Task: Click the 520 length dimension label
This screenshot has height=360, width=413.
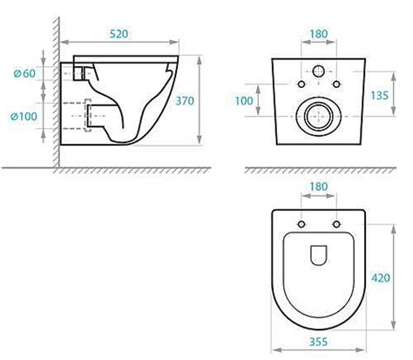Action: (118, 34)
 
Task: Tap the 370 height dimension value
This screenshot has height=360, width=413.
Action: (185, 101)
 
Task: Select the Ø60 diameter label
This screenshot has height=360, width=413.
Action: (24, 73)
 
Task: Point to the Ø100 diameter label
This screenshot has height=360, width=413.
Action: (24, 117)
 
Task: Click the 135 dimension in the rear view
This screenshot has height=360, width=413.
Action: (379, 95)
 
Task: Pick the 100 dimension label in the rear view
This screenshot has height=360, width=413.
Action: (244, 101)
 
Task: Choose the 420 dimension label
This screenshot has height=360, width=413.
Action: (381, 278)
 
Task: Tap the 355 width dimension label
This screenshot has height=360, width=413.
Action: (318, 342)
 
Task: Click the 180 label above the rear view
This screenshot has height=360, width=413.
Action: (319, 34)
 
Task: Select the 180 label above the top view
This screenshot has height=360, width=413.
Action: (319, 187)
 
